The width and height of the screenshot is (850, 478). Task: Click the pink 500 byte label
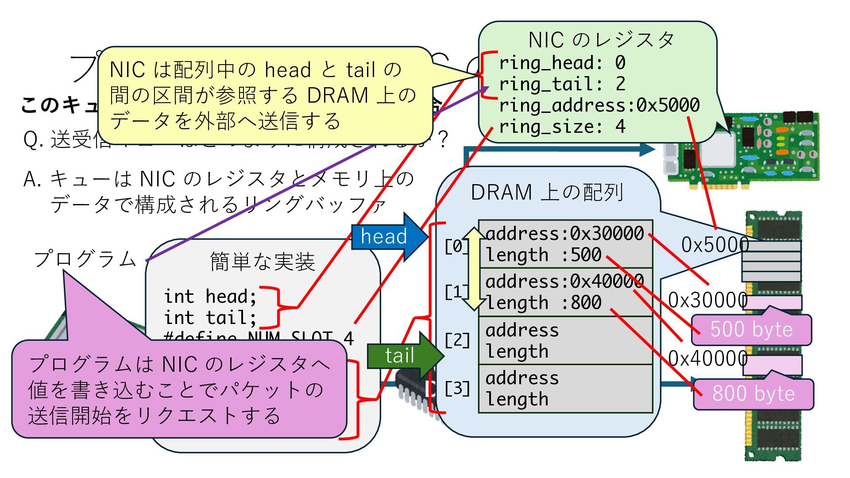tap(751, 330)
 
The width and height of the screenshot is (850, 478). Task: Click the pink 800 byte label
tap(753, 393)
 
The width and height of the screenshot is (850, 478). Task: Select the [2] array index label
tap(457, 340)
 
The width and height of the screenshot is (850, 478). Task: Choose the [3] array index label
tap(457, 389)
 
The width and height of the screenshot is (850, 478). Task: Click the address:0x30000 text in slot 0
tap(564, 233)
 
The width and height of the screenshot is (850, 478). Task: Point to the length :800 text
tap(544, 303)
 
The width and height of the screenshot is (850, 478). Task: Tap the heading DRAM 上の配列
tap(547, 193)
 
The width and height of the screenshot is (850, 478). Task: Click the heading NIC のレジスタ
tap(601, 40)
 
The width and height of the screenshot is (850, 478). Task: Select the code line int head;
tap(210, 296)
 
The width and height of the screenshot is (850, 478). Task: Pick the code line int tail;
tap(210, 317)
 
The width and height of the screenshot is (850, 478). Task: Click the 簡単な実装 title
tap(263, 262)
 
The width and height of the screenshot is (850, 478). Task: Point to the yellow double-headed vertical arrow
tap(474, 269)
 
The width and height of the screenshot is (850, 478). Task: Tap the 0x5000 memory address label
tap(715, 245)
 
